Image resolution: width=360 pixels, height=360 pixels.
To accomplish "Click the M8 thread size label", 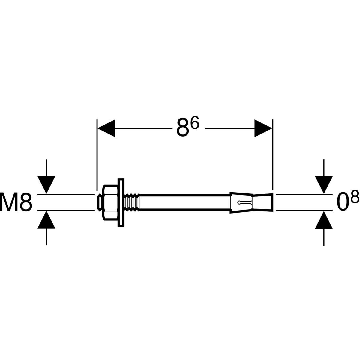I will [x=16, y=202].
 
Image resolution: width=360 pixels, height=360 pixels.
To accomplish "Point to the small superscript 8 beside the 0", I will [x=355, y=198].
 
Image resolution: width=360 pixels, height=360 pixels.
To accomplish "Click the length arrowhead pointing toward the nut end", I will [x=106, y=128].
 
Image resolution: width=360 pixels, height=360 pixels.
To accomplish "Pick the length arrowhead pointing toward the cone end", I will [x=263, y=128].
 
